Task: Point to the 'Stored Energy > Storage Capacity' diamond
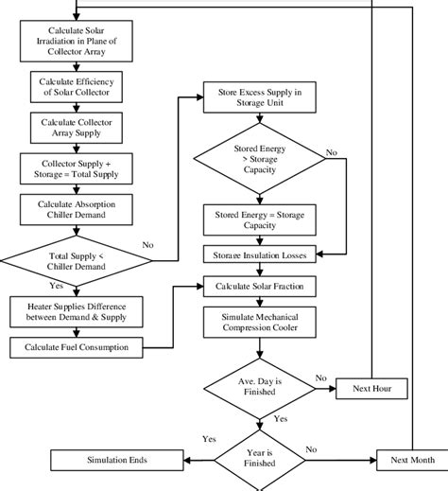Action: point(260,160)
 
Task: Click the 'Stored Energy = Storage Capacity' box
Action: point(260,219)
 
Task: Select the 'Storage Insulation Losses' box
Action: point(260,254)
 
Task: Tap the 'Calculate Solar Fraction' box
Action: point(260,285)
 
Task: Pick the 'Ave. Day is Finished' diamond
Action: point(260,386)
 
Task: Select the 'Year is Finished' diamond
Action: point(260,461)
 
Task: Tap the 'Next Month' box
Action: point(412,461)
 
